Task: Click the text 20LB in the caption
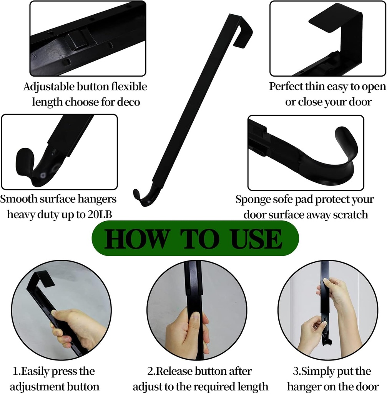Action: pyautogui.click(x=100, y=214)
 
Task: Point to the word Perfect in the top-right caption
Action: pyautogui.click(x=286, y=87)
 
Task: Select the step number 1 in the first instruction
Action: pyautogui.click(x=15, y=372)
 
